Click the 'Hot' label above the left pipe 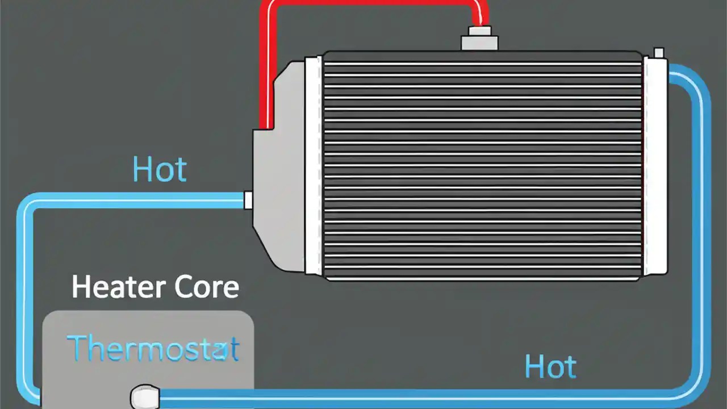159,169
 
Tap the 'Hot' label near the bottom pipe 550,366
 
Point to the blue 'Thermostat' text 152,348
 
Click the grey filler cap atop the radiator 479,41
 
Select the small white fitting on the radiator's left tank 248,200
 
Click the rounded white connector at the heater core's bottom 144,396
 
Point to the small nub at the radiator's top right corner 659,53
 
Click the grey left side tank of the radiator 281,170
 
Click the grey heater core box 148,358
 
